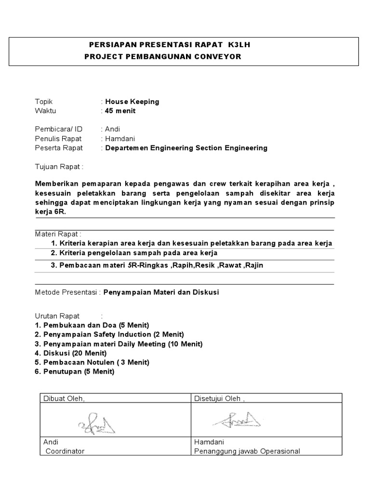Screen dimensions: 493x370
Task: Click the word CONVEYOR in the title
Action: tap(218, 57)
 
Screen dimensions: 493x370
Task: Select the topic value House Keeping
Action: tap(132, 102)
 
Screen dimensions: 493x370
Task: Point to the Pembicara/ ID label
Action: tap(59, 129)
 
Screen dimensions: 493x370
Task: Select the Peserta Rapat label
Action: tap(59, 148)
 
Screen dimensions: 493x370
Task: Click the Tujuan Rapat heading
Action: tap(59, 167)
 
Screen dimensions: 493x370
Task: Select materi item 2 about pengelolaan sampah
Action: tap(134, 253)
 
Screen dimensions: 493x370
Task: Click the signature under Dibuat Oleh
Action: tap(96, 423)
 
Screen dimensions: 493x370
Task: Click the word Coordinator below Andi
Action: tap(65, 451)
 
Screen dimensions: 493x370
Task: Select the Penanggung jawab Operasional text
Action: tap(247, 451)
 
